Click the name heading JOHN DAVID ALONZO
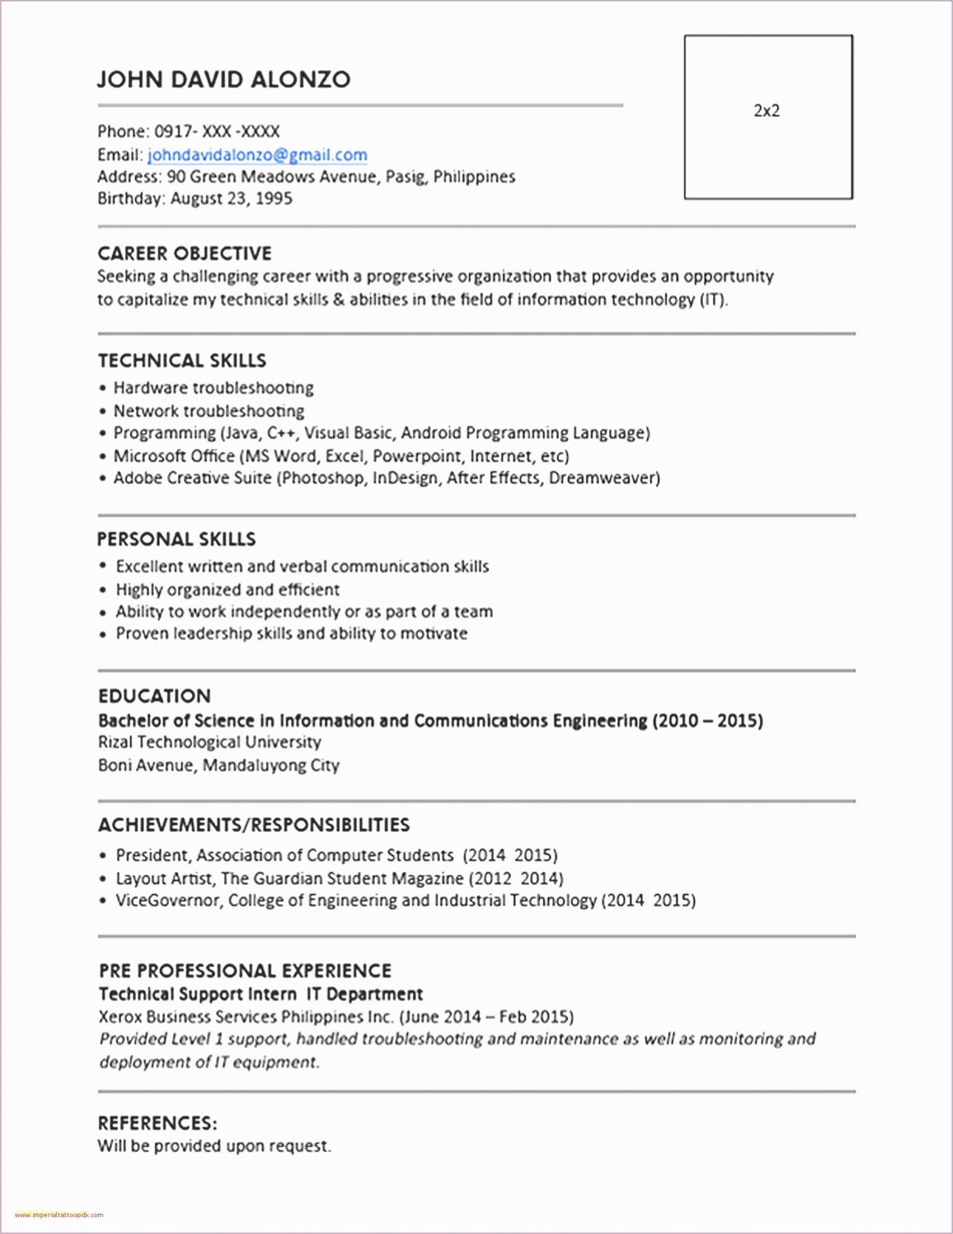click(x=224, y=79)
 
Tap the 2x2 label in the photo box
click(x=767, y=111)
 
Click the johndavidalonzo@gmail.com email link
click(x=257, y=155)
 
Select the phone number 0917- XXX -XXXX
click(x=217, y=132)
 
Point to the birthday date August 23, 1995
click(x=231, y=198)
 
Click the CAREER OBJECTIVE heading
click(x=185, y=253)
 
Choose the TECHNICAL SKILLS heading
click(x=182, y=361)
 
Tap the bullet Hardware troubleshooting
click(x=213, y=388)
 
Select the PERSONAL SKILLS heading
click(x=176, y=539)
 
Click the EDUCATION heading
click(x=154, y=696)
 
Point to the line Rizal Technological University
click(x=210, y=742)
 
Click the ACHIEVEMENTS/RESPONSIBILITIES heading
click(x=253, y=825)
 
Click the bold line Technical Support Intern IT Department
click(x=261, y=994)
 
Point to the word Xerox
click(x=120, y=1017)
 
